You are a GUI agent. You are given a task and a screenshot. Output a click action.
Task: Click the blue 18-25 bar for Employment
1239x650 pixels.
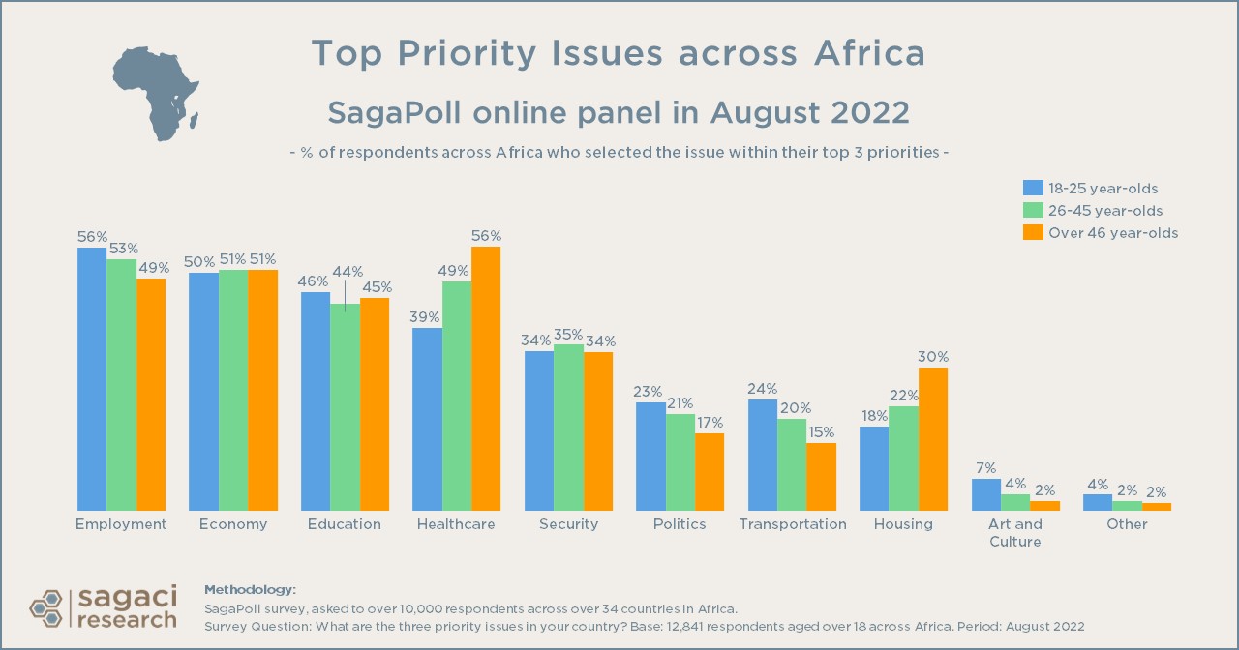pos(92,378)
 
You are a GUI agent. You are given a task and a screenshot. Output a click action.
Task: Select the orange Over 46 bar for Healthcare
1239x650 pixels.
pos(486,378)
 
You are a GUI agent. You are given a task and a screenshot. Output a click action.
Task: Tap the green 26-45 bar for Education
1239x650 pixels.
pos(345,407)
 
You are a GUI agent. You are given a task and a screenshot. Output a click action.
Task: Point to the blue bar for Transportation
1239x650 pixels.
pos(763,455)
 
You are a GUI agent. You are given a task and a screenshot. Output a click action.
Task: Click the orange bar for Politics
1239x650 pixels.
pos(710,471)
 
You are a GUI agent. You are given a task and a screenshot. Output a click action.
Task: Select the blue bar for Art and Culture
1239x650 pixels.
pos(986,494)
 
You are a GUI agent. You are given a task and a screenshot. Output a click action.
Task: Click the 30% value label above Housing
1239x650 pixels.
pos(933,356)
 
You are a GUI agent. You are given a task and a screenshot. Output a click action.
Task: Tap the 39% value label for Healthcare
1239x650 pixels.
pos(426,316)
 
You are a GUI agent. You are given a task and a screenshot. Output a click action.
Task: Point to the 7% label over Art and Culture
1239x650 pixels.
pos(986,467)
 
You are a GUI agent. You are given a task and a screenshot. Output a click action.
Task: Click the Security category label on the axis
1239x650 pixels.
pos(568,524)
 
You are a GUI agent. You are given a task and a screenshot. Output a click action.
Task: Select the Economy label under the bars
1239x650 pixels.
pos(233,524)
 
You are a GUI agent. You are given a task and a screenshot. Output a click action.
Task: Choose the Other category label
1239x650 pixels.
pos(1127,524)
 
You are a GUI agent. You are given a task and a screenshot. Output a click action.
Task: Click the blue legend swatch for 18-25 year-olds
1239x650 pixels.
pos(1033,188)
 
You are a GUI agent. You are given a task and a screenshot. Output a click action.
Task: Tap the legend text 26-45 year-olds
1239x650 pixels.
pos(1105,210)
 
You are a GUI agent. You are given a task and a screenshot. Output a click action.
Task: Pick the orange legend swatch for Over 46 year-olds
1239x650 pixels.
pos(1033,232)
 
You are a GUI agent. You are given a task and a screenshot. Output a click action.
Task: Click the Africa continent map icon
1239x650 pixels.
pos(156,92)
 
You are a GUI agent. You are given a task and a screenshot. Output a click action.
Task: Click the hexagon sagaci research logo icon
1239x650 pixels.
pos(47,607)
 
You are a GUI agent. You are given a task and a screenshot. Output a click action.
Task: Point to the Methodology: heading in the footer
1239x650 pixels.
pos(250,590)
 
